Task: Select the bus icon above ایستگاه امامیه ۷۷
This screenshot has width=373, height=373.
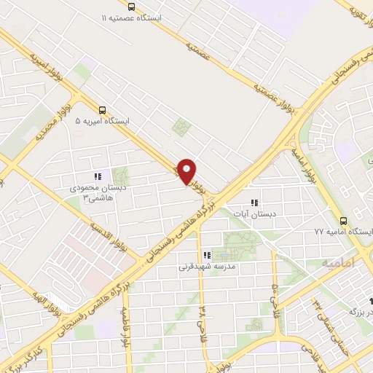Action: coord(343,219)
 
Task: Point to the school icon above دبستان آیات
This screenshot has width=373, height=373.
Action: coord(254,203)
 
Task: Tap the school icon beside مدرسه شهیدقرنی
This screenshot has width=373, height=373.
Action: coord(208,255)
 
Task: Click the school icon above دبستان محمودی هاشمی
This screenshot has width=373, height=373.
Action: coord(97,176)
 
